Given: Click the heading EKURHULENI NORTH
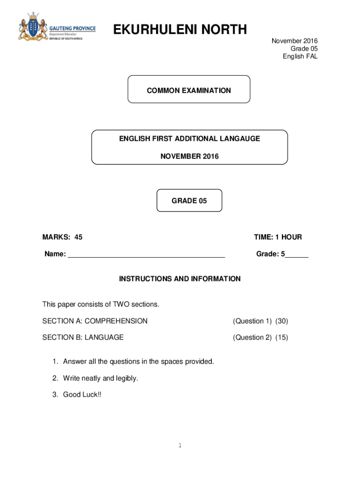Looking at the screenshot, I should [x=180, y=30].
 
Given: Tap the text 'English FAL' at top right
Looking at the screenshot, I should [x=300, y=57].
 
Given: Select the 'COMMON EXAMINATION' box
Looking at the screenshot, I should [x=189, y=90].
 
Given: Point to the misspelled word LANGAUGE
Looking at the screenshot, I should [x=242, y=138].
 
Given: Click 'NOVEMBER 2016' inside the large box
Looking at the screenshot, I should [x=189, y=156].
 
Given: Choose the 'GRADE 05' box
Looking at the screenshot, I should [x=189, y=201].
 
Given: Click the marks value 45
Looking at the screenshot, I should [x=78, y=237].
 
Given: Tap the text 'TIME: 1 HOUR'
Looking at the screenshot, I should [x=278, y=237].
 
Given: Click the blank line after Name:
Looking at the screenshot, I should [x=146, y=255].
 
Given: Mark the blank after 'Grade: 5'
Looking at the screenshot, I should [x=297, y=255].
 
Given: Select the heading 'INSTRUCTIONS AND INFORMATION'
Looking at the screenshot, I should [x=180, y=279].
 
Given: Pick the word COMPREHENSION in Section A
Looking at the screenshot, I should [x=116, y=321].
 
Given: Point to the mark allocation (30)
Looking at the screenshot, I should [x=281, y=321].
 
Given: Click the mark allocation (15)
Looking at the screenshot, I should [x=281, y=337].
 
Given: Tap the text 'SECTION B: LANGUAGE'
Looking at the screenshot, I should [x=83, y=337].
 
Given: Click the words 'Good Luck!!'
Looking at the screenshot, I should [x=82, y=394].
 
